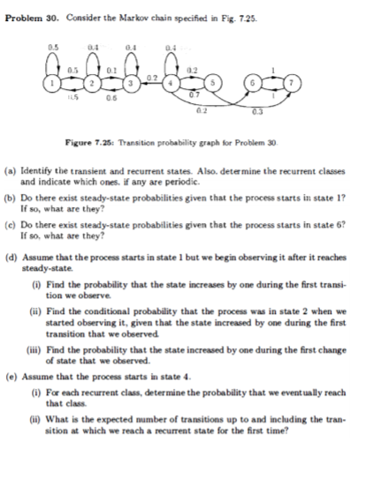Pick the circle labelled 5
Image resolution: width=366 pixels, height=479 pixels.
click(x=208, y=81)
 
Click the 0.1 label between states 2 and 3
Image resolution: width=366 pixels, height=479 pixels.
click(x=111, y=68)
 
